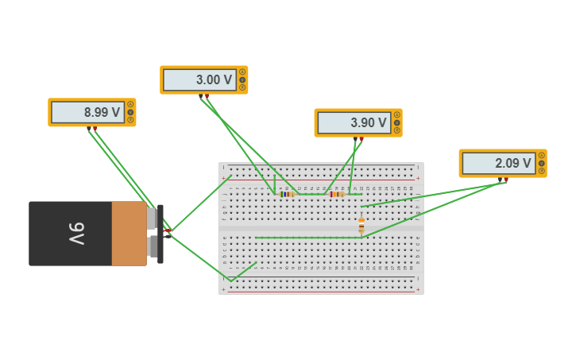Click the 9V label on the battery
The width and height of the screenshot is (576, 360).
pos(75,233)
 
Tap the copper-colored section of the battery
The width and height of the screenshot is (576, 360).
pos(129,233)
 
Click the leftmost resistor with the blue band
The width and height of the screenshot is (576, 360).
pos(287,194)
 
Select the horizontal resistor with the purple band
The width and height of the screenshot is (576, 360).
pos(336,194)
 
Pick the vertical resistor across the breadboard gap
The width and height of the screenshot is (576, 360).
pos(361,226)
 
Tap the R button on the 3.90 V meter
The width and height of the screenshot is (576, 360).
pos(396,130)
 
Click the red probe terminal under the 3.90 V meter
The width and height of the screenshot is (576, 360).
pos(361,139)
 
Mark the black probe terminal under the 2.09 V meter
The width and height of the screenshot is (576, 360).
pos(500,180)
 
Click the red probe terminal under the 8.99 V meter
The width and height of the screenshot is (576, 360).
pos(95,128)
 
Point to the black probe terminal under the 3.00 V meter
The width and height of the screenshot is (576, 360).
pos(200,96)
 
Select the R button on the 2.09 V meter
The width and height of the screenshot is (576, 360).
pos(541,171)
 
